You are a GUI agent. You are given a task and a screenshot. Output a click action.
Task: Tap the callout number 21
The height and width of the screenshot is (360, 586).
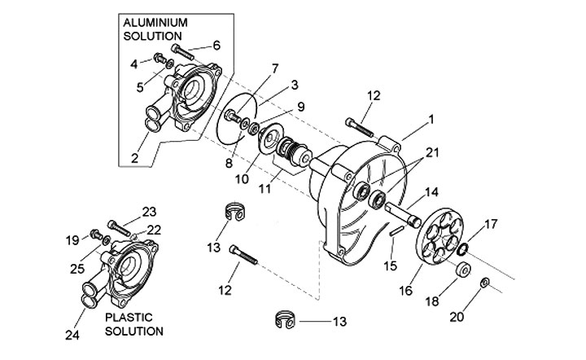coord(431,152)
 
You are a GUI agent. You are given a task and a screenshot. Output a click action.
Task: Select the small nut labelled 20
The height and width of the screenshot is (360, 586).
coord(483,283)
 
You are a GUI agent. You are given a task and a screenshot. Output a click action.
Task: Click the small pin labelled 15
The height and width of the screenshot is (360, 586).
coord(395,231)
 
